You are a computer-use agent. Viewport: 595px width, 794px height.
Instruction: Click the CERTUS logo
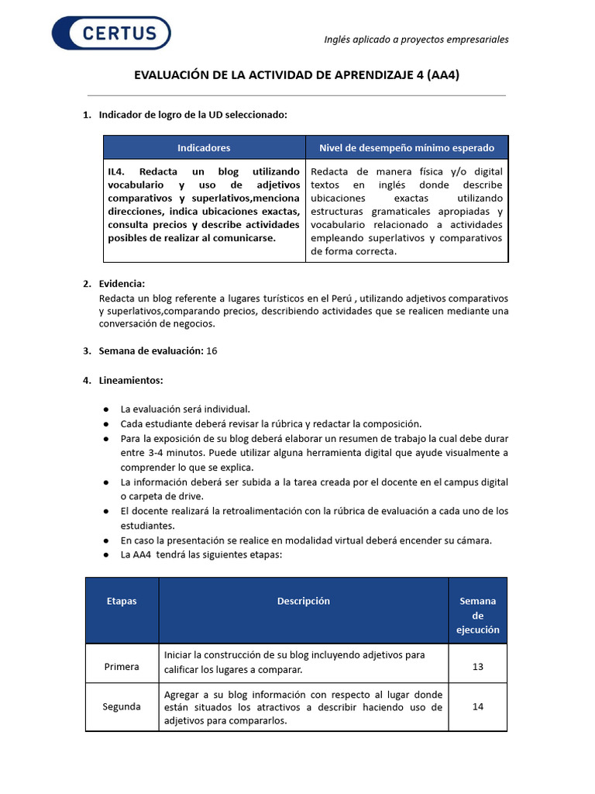(111, 33)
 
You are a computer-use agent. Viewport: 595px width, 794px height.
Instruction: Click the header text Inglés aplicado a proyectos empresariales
(415, 40)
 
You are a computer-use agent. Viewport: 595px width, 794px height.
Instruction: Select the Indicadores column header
(204, 147)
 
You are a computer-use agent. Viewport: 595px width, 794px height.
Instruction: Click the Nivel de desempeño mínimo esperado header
(407, 147)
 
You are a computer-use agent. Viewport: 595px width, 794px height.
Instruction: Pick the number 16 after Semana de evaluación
(212, 350)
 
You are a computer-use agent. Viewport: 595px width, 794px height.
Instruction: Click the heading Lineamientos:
(131, 380)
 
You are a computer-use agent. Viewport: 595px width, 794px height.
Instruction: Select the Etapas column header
(122, 602)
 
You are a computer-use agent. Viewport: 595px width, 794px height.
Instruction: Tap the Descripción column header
(303, 602)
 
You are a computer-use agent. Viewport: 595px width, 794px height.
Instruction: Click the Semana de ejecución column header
(478, 615)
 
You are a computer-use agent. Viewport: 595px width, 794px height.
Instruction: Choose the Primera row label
(122, 666)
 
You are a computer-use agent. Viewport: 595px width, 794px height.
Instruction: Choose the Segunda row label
(122, 706)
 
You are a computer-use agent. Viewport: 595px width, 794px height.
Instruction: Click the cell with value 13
(478, 666)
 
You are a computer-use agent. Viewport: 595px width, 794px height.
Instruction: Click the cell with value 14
(478, 706)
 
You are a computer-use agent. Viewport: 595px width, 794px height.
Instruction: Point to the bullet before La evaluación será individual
(105, 409)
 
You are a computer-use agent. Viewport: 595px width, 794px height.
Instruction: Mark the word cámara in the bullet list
(473, 540)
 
